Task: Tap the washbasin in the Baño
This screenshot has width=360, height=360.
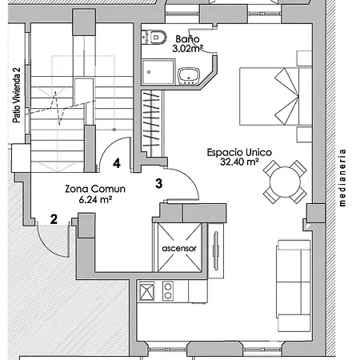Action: pos(189,76)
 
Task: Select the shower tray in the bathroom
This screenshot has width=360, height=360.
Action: pos(158,72)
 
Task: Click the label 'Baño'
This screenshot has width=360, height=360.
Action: pos(187,39)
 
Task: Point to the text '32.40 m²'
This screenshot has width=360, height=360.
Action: pos(239,162)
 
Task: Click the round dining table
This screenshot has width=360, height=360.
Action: pos(285,182)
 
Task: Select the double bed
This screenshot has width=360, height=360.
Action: pos(276,96)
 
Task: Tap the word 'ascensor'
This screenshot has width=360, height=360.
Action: pos(179,249)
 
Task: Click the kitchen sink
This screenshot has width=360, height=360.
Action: pos(147,291)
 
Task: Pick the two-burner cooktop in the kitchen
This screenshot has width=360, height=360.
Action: pos(168,291)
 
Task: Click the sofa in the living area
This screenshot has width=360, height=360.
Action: pos(294,286)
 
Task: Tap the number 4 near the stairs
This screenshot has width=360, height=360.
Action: pos(117,163)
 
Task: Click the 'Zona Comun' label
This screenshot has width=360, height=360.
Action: pos(95,189)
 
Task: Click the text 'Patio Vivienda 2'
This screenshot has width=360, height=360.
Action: pos(17,95)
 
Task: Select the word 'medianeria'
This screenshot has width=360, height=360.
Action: pos(342,178)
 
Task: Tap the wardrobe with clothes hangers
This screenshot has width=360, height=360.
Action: pos(151,123)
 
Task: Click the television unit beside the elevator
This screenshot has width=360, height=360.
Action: pos(216,250)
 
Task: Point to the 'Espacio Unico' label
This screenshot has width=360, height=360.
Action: pos(239,153)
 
